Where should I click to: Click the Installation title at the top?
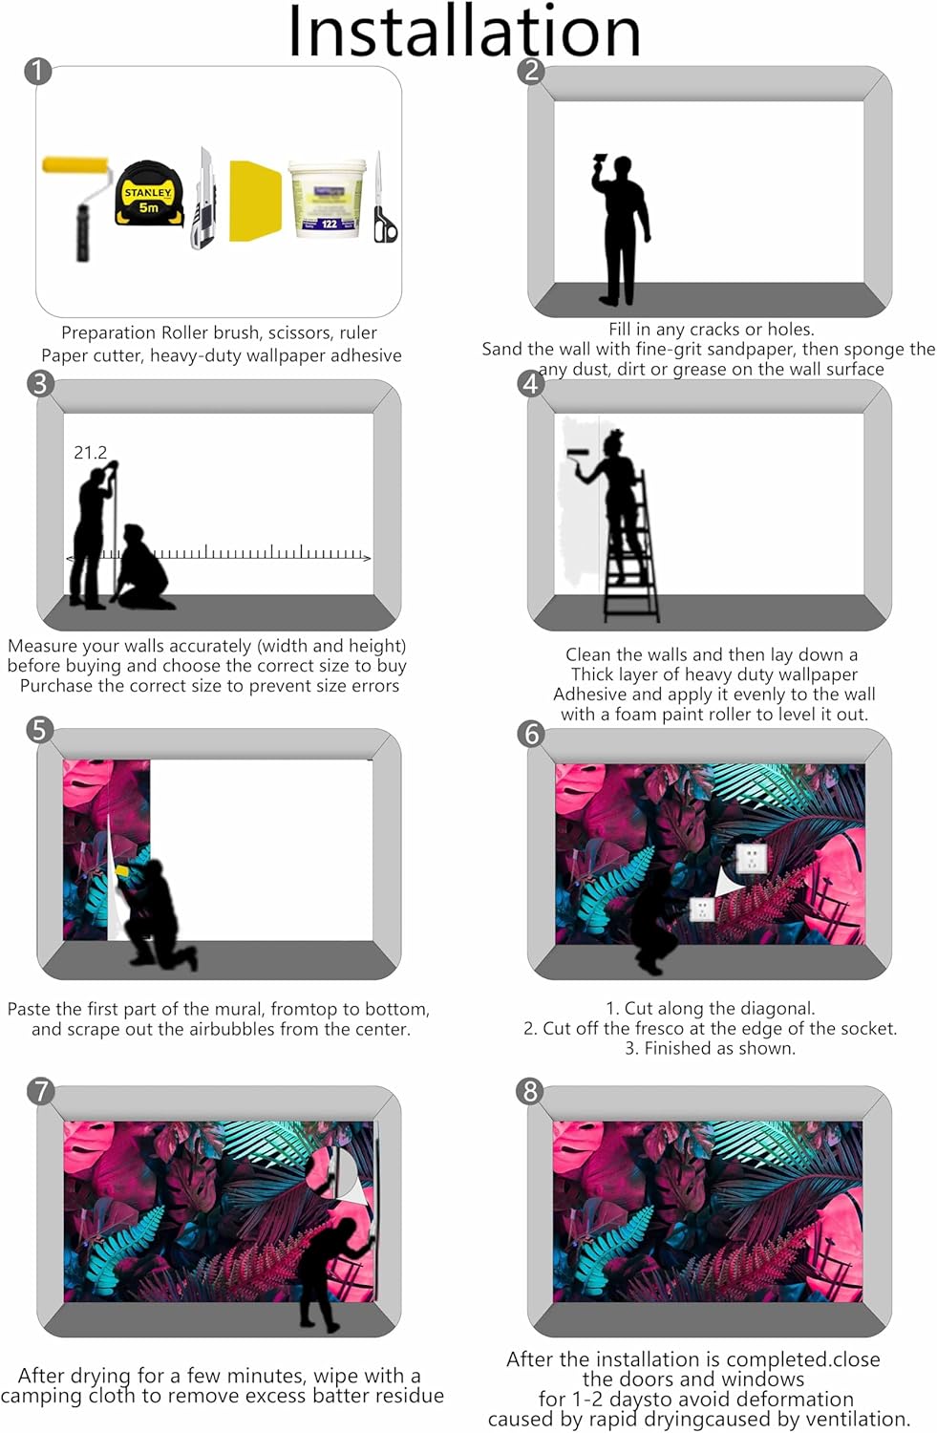464,31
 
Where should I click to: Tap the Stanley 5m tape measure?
150,194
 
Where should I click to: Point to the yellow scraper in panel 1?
255,201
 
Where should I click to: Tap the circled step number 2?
531,71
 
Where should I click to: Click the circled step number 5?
40,730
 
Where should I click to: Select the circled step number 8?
530,1091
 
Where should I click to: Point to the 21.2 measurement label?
90,453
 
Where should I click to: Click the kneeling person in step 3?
143,567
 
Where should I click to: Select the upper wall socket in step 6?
751,857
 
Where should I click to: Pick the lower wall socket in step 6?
702,909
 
